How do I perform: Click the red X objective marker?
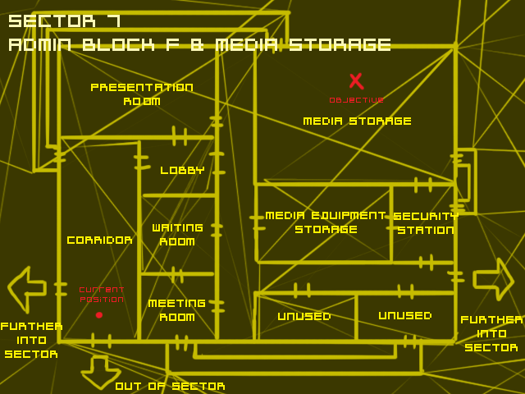(x=356, y=80)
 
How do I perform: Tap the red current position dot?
(x=99, y=315)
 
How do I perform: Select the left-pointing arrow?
(x=26, y=289)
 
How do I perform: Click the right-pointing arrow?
(x=493, y=280)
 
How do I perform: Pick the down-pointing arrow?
(x=100, y=372)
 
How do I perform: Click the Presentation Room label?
(x=142, y=94)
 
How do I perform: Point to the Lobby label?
(x=182, y=171)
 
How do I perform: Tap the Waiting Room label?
(x=177, y=235)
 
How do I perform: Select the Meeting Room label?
(x=176, y=310)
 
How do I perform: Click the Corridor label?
(x=99, y=241)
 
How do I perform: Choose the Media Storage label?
(x=357, y=121)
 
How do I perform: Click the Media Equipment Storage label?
(x=325, y=222)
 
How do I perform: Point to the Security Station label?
(x=425, y=223)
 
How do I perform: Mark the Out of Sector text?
(x=170, y=386)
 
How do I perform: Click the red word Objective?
(x=356, y=100)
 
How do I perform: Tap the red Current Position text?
(x=102, y=294)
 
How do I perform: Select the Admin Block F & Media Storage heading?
(x=199, y=44)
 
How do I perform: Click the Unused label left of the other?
(x=304, y=316)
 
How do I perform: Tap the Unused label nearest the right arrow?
(x=404, y=315)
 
